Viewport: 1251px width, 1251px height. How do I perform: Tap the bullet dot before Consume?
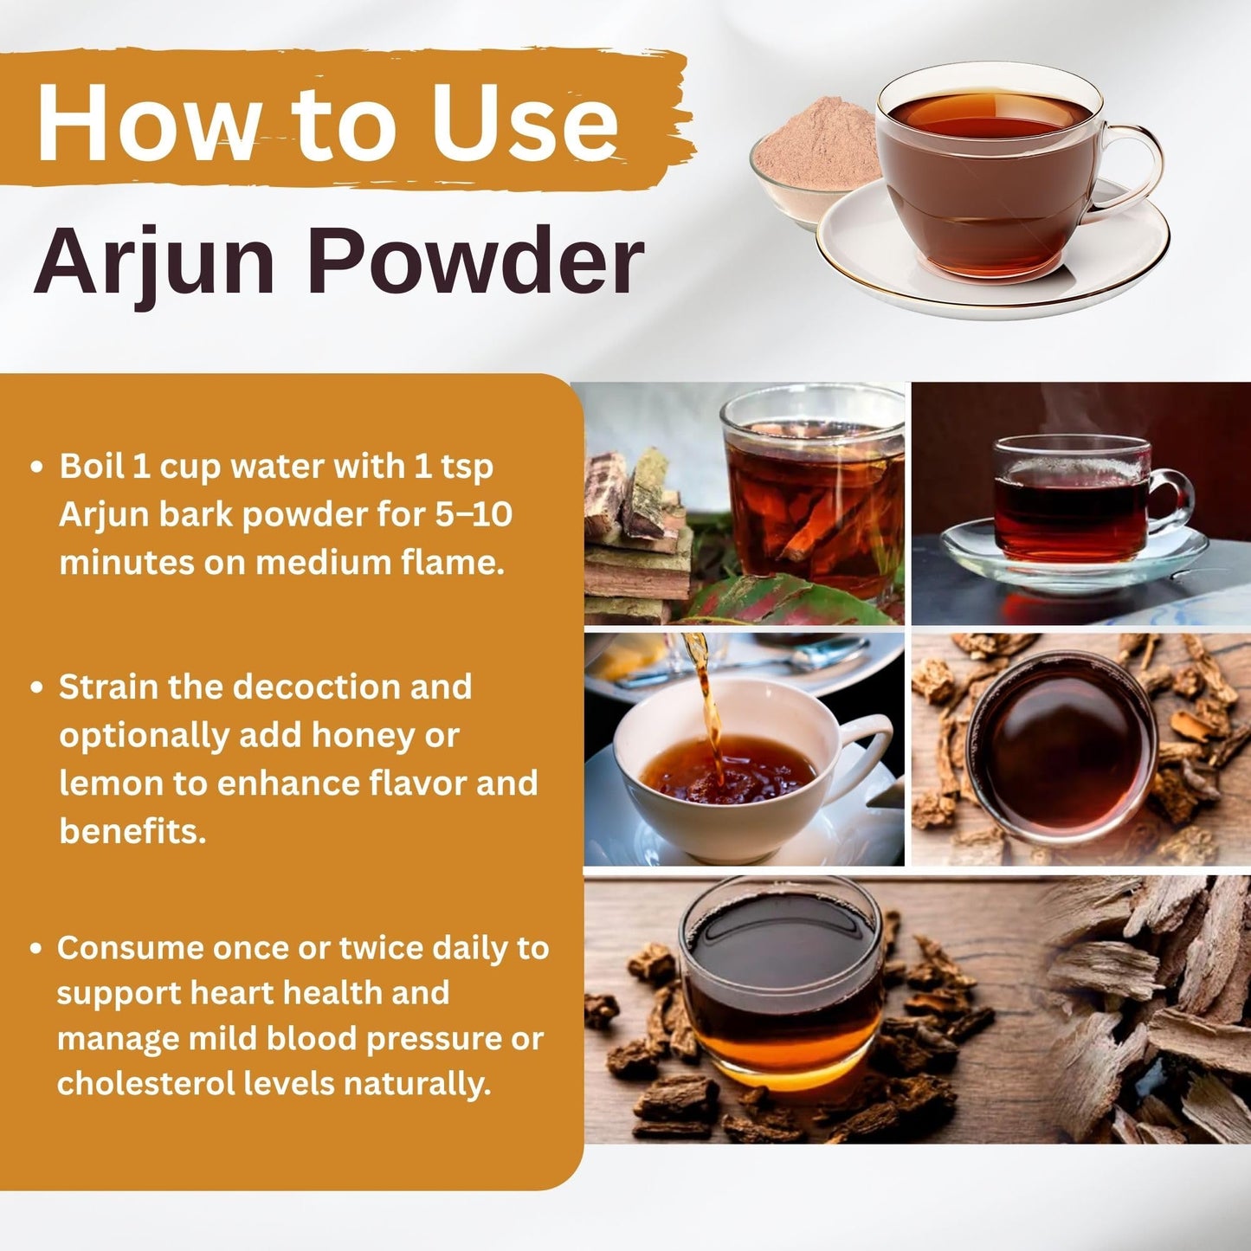point(37,949)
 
